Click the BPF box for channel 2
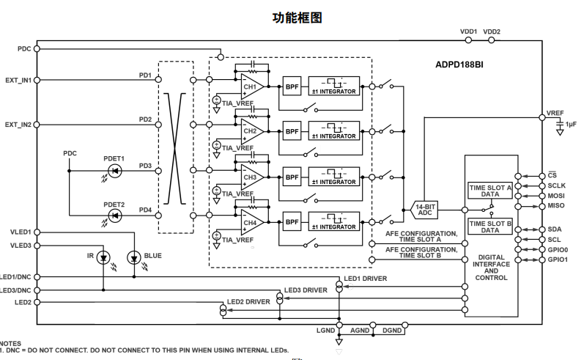click(292, 131)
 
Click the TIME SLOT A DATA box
click(489, 191)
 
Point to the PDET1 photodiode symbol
click(114, 170)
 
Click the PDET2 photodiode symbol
click(114, 216)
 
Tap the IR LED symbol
click(103, 257)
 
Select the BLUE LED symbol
click(133, 257)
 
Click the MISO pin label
click(556, 207)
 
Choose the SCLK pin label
click(557, 186)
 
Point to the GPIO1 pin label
click(558, 260)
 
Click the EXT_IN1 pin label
click(18, 80)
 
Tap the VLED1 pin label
click(21, 232)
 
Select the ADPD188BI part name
click(459, 65)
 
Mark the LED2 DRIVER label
click(248, 301)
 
